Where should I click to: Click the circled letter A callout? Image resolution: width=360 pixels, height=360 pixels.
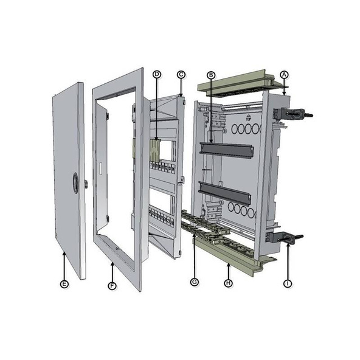[x=283, y=74]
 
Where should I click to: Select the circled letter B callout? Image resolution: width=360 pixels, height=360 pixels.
[x=211, y=74]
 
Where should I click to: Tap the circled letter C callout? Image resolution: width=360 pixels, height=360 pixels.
[x=181, y=74]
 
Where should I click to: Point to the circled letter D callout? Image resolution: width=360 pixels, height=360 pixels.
[x=156, y=74]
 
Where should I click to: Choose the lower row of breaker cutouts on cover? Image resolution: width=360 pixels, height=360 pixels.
[x=161, y=215]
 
